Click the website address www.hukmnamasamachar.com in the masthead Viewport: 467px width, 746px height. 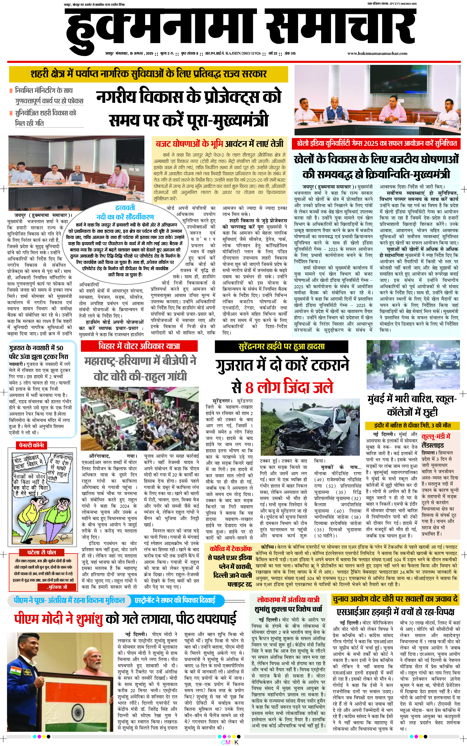tap(377, 53)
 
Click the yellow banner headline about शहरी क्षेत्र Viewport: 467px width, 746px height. tap(148, 74)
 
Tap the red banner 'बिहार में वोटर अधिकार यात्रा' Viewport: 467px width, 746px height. tap(139, 346)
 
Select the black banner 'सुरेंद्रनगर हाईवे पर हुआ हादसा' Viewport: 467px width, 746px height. tap(281, 346)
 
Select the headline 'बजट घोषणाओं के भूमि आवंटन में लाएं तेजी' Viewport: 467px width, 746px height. tap(219, 144)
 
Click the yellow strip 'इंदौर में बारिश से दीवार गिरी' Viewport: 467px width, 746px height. tap(412, 425)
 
